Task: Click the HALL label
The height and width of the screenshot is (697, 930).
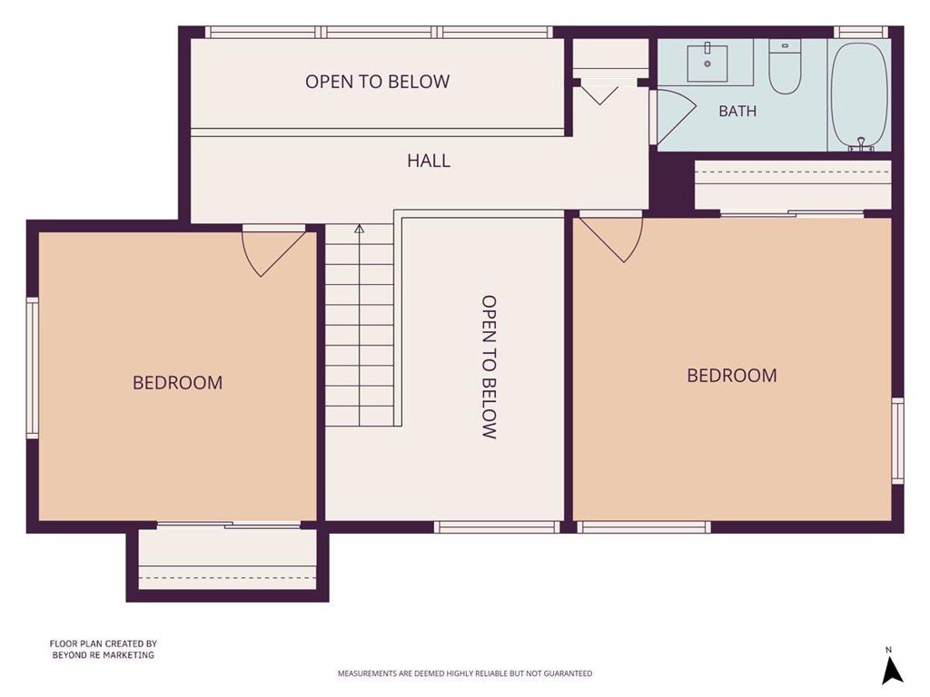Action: (x=429, y=161)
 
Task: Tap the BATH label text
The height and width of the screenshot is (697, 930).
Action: (x=737, y=111)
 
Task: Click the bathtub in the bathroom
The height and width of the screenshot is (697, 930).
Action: (x=859, y=94)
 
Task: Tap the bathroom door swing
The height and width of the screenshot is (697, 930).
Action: (x=676, y=117)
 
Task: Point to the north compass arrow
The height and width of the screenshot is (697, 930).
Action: (x=892, y=671)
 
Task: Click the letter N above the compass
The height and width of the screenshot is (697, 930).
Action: (x=888, y=650)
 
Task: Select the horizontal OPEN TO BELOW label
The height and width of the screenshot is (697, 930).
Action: (x=377, y=82)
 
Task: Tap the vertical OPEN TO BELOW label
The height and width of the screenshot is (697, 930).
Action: (x=489, y=367)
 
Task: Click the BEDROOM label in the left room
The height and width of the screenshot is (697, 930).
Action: (x=177, y=383)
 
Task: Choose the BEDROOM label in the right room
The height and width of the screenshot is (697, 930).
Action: (x=732, y=376)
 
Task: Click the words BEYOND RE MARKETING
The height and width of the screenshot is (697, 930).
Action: (x=104, y=655)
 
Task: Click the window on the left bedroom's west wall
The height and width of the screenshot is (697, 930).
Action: (x=33, y=368)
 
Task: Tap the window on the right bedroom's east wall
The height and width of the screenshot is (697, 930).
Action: (x=898, y=441)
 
